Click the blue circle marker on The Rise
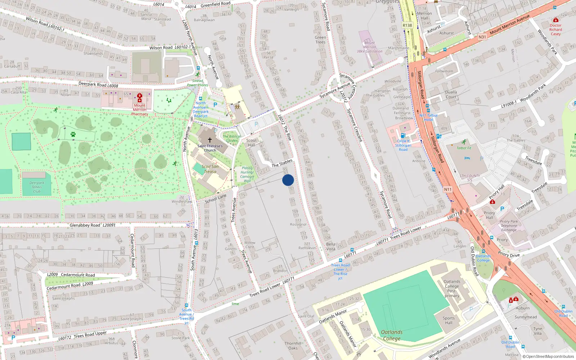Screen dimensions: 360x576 288,180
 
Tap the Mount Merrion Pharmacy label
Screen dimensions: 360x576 140,110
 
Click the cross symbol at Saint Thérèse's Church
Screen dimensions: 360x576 210,140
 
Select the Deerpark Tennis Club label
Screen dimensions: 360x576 37,187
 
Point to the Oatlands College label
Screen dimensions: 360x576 392,335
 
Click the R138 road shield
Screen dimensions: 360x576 407,26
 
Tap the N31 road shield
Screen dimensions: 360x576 482,37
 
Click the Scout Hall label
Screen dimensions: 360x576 251,143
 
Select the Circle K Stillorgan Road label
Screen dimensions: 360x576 403,145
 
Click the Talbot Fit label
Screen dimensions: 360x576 464,148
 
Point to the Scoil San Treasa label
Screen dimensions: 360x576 210,169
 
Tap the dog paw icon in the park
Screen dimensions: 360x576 73,134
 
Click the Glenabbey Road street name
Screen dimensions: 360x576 85,225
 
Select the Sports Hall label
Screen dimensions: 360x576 449,320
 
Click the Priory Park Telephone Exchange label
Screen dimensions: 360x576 509,226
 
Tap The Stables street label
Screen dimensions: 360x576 282,163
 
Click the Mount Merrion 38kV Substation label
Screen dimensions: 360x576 369,47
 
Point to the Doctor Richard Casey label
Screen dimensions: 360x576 555,30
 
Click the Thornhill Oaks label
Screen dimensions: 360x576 293,346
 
